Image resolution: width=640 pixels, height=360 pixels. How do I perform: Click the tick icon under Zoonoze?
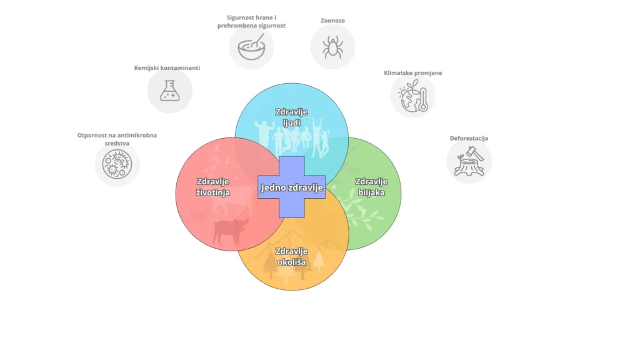[x=332, y=47]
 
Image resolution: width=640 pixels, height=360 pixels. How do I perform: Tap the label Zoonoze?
[x=332, y=21]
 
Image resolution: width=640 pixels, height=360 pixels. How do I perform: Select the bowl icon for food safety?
[x=251, y=47]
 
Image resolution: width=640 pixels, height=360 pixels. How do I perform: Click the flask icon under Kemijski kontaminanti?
[x=169, y=91]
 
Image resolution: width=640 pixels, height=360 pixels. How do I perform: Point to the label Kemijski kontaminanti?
[x=167, y=67]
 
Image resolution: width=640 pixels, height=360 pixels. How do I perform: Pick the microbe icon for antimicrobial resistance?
[x=117, y=165]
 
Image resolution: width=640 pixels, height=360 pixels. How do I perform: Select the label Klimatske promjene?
[x=412, y=73]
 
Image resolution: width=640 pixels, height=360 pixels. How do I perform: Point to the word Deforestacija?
[x=469, y=138]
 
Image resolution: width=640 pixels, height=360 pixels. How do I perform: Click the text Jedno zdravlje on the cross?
[x=292, y=187]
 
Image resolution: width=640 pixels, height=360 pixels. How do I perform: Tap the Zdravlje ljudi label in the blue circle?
[x=291, y=117]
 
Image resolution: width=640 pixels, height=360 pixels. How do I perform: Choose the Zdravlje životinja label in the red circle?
[x=212, y=187]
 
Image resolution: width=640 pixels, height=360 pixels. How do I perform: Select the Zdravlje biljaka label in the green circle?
[x=371, y=187]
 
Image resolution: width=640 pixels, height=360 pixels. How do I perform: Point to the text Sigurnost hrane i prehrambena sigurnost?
[x=251, y=22]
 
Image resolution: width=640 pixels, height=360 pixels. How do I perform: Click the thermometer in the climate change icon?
[x=423, y=98]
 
